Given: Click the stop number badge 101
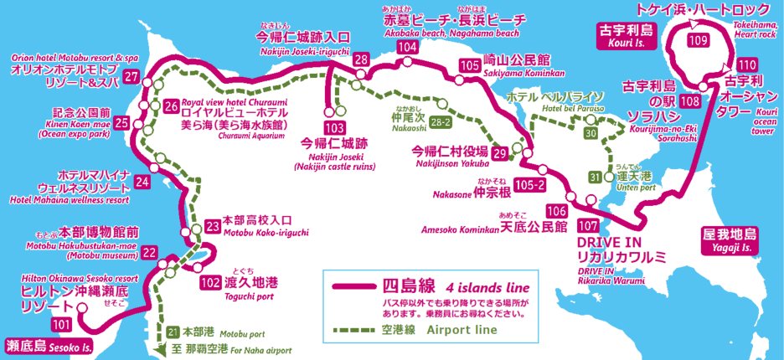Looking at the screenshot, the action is tap(61, 323).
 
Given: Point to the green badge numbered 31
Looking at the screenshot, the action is tap(596, 177).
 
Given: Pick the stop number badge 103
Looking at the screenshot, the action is tap(335, 128).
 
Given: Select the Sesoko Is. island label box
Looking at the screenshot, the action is tap(45, 345).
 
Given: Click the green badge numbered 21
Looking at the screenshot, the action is tap(172, 331).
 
